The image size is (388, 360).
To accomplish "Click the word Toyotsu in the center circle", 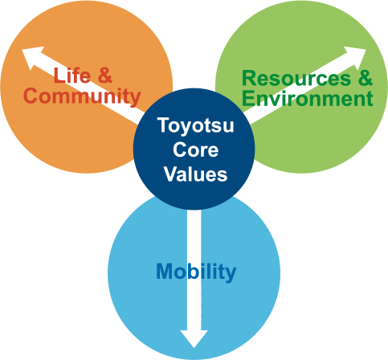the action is [x=196, y=126].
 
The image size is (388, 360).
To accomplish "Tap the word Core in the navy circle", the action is [x=196, y=149].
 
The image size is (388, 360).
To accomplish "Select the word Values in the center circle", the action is [x=196, y=174].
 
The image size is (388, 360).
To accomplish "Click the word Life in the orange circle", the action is [x=72, y=76].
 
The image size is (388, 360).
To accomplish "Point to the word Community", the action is [x=82, y=96].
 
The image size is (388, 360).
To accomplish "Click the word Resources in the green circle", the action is [x=296, y=78].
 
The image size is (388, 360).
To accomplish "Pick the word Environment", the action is [x=308, y=99].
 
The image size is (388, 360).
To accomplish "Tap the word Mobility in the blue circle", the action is [x=196, y=272].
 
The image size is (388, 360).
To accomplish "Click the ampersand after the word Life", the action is [x=104, y=76].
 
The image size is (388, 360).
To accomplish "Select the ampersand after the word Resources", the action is [x=366, y=78].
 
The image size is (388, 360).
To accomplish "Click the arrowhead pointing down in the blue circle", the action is [x=194, y=339].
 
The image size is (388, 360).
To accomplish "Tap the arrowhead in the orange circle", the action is [x=32, y=58].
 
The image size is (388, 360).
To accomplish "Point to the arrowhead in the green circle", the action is [x=356, y=58].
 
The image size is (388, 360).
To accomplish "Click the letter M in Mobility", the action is [x=165, y=272].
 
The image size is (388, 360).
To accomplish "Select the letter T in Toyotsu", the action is [x=163, y=125].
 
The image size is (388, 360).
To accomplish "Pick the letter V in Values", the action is [x=171, y=174].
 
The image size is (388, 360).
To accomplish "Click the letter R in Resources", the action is [x=249, y=78].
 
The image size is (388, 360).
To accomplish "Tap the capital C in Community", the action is [x=31, y=96].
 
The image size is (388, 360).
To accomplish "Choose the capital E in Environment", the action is [x=247, y=99].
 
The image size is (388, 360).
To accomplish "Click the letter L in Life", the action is [x=59, y=76].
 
